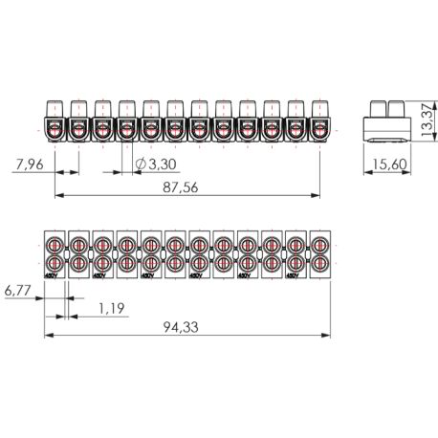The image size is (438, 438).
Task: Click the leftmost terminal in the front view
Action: [56, 122]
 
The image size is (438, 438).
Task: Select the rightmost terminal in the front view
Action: [320, 122]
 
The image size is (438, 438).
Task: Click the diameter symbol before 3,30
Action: [140, 164]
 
